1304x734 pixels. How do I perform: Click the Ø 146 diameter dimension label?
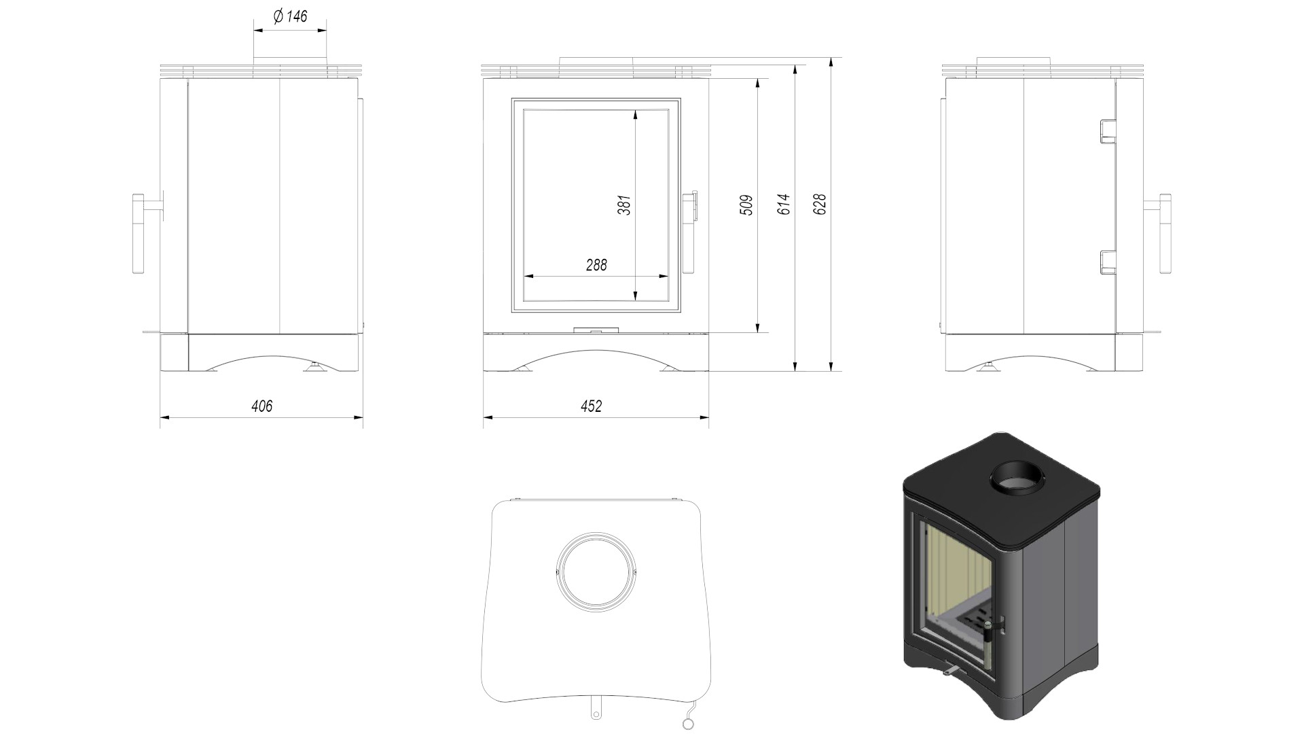290,17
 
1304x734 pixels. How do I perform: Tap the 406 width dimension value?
261,406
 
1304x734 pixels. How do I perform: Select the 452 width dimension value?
591,406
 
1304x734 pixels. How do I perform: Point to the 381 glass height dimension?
624,205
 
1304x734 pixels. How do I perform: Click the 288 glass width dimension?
596,265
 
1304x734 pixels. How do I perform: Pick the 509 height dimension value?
746,205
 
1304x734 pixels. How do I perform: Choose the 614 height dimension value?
784,205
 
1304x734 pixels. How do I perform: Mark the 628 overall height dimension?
820,205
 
